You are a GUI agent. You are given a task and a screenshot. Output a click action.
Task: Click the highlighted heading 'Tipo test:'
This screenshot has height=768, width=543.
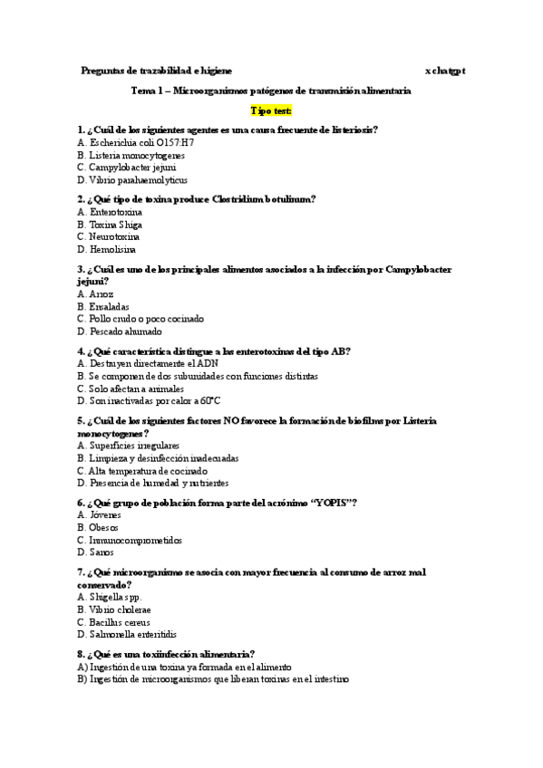tap(271, 110)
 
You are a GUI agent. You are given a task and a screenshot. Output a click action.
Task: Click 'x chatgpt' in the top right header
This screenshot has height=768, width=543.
tap(445, 70)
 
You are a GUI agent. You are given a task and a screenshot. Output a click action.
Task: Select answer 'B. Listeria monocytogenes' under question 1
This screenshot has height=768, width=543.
tap(131, 155)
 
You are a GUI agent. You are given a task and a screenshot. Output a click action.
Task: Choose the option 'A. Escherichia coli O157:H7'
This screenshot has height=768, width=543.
tap(135, 142)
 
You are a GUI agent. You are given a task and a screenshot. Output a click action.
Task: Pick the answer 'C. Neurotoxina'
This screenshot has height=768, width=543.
tap(110, 236)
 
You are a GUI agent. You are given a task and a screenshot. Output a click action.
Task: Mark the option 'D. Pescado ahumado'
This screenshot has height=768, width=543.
tap(119, 331)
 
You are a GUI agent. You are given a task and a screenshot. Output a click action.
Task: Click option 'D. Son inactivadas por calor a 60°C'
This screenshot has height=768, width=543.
tap(149, 401)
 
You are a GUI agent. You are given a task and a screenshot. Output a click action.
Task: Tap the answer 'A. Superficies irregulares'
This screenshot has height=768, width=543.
tap(129, 446)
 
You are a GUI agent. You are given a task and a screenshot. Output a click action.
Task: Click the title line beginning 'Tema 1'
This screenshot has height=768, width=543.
tap(271, 91)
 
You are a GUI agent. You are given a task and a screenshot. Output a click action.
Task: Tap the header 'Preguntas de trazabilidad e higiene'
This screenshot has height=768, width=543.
tap(156, 70)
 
